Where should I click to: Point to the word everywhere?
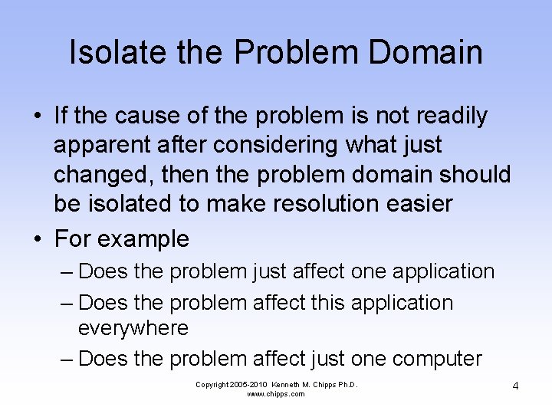tap(133, 329)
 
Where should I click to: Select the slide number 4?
tap(515, 385)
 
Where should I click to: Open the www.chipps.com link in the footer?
tap(276, 394)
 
